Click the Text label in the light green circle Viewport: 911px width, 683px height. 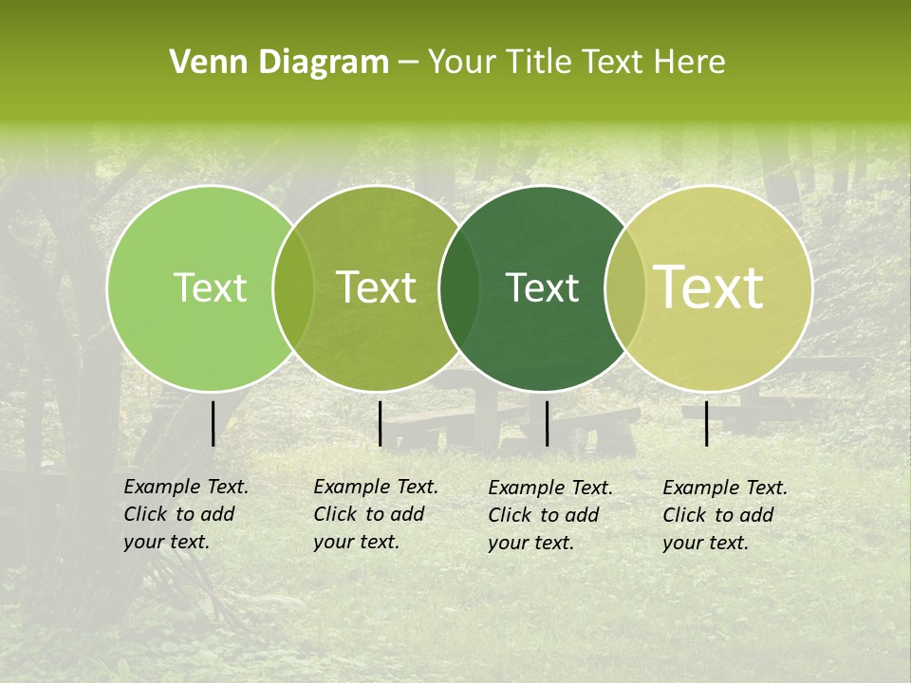[x=210, y=288]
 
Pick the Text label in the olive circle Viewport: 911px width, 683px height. [x=377, y=288]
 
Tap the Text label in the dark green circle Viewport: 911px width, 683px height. [x=542, y=288]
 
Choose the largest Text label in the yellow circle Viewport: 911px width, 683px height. [x=709, y=288]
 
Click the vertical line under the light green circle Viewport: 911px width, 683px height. [x=213, y=423]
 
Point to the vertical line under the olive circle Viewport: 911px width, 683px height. [x=380, y=423]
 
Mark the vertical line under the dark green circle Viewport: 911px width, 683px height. [x=547, y=423]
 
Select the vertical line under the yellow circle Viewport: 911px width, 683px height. [x=707, y=423]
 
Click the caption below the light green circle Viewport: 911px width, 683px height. [x=186, y=514]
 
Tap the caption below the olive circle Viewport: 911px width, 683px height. [x=376, y=514]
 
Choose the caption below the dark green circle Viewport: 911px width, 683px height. [x=550, y=515]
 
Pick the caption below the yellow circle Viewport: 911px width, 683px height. [x=725, y=515]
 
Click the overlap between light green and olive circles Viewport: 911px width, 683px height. [x=293, y=288]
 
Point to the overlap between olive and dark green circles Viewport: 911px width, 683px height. [x=459, y=288]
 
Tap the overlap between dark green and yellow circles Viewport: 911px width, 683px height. [x=625, y=288]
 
